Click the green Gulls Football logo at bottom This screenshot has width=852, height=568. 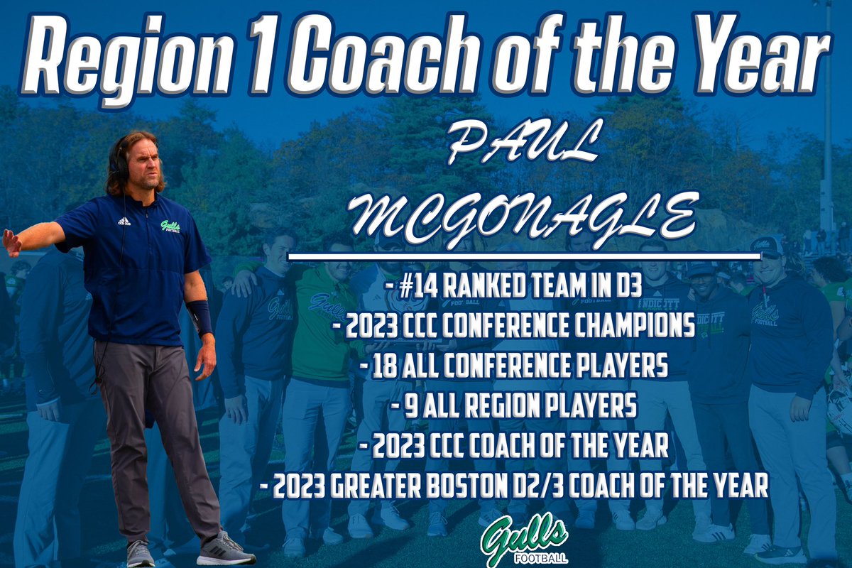coord(523,538)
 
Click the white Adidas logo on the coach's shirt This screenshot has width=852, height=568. coord(124,221)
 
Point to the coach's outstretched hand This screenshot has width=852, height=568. coord(11,241)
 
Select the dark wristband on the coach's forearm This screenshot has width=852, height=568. coord(200,317)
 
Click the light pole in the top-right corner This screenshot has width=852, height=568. coord(826,114)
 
